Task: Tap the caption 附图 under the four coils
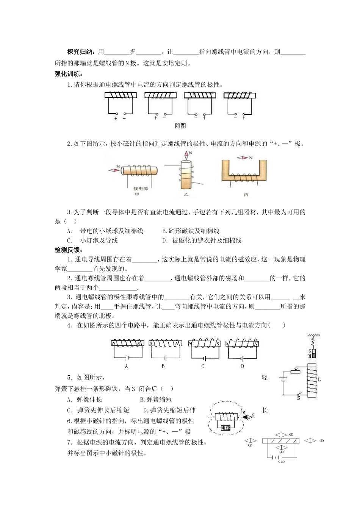tap(180, 126)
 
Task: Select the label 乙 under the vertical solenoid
tap(186, 194)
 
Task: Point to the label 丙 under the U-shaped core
tap(246, 194)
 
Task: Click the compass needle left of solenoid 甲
tap(114, 170)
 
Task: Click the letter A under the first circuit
tap(126, 366)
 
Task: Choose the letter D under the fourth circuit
tap(243, 366)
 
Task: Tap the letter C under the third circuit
tap(203, 366)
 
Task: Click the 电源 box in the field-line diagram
tap(225, 427)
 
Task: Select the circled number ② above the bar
tap(291, 434)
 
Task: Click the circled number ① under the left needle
tap(250, 445)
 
